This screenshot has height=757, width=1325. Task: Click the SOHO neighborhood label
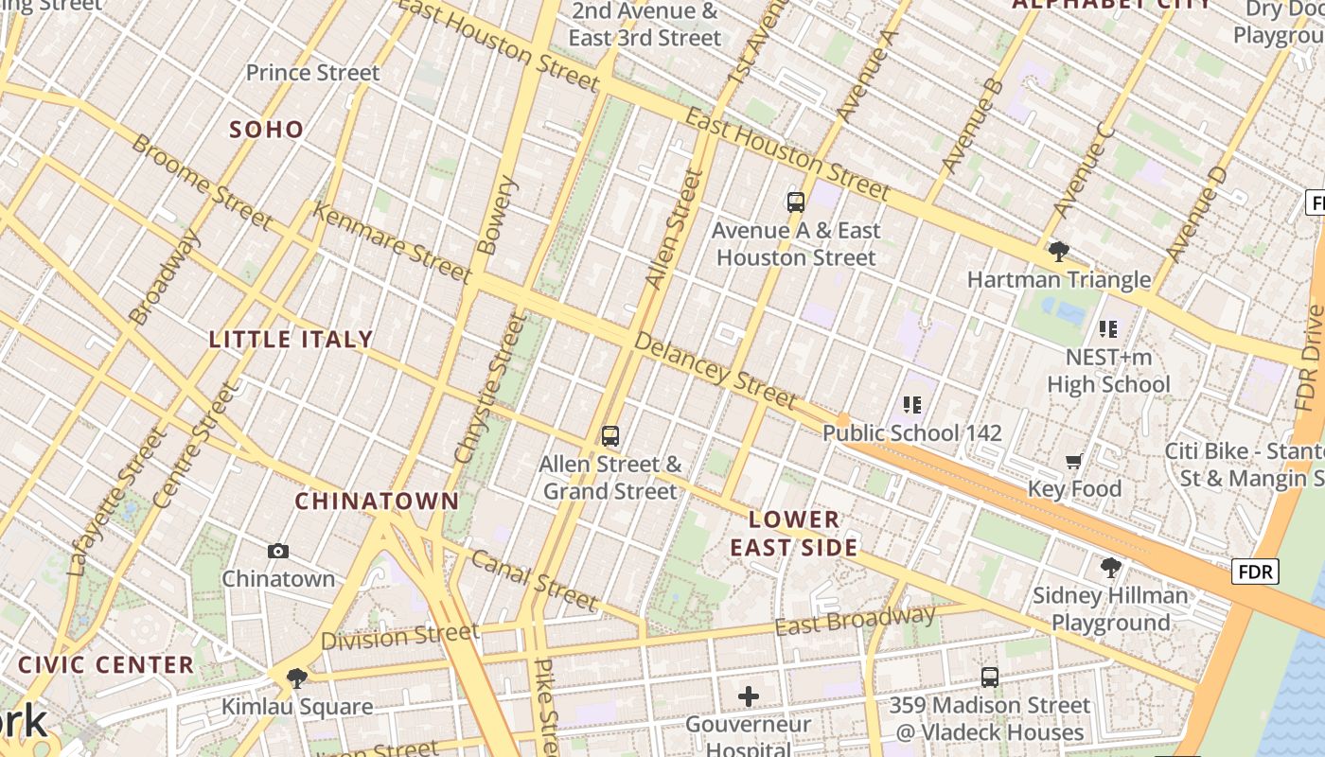pyautogui.click(x=267, y=130)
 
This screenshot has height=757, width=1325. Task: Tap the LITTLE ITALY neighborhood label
pyautogui.click(x=291, y=340)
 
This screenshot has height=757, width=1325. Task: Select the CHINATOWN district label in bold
pyautogui.click(x=377, y=502)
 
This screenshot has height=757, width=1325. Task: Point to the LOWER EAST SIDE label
pyautogui.click(x=794, y=533)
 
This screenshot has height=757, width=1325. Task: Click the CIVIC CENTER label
pyautogui.click(x=106, y=664)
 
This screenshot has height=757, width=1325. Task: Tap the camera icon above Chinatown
pyautogui.click(x=277, y=551)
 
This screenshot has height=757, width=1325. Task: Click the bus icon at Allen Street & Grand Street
pyautogui.click(x=610, y=436)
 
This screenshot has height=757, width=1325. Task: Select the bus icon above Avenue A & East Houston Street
pyautogui.click(x=796, y=202)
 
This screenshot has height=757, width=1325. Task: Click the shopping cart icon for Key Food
pyautogui.click(x=1073, y=462)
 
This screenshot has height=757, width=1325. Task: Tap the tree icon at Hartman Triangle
pyautogui.click(x=1059, y=252)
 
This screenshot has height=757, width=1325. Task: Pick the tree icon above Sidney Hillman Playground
pyautogui.click(x=1111, y=568)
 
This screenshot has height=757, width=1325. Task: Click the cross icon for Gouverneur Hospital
pyautogui.click(x=749, y=697)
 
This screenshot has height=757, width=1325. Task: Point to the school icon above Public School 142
pyautogui.click(x=912, y=405)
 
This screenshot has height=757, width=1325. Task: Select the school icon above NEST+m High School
pyautogui.click(x=1108, y=329)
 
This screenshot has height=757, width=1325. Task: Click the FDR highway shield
pyautogui.click(x=1255, y=572)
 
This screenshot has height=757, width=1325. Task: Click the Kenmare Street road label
pyautogui.click(x=391, y=242)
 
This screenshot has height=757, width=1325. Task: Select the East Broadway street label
pyautogui.click(x=855, y=621)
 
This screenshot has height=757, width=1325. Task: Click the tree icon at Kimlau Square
pyautogui.click(x=297, y=678)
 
